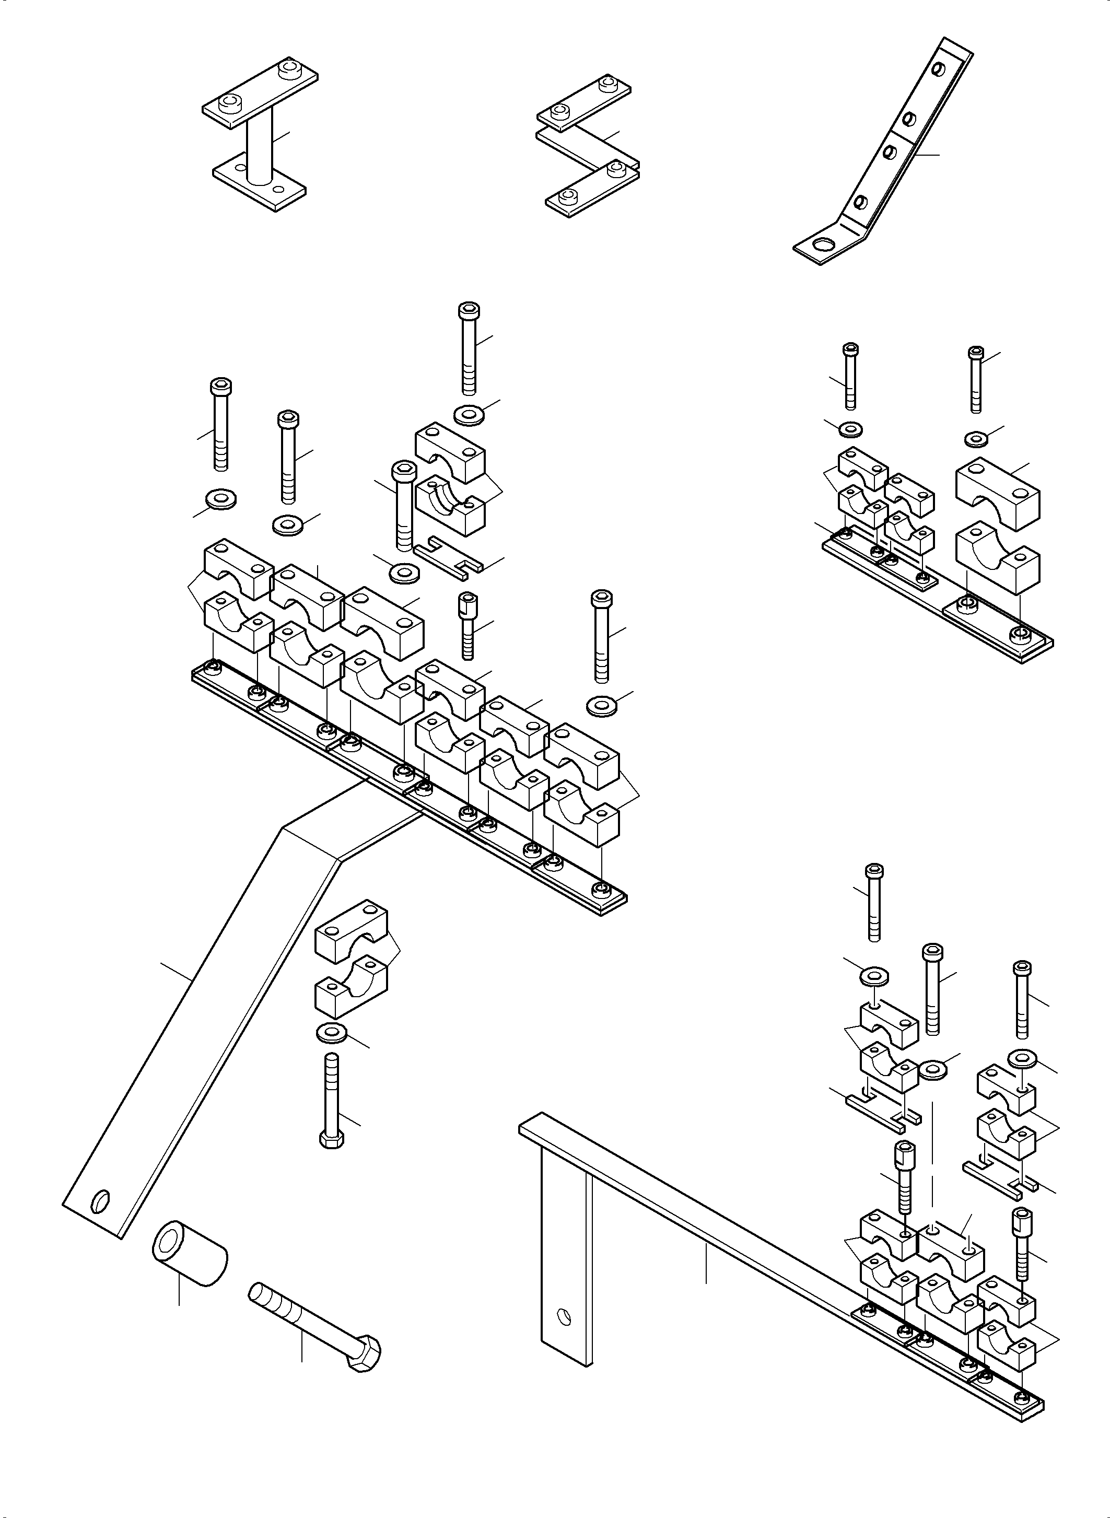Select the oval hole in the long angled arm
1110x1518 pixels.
(101, 1201)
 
